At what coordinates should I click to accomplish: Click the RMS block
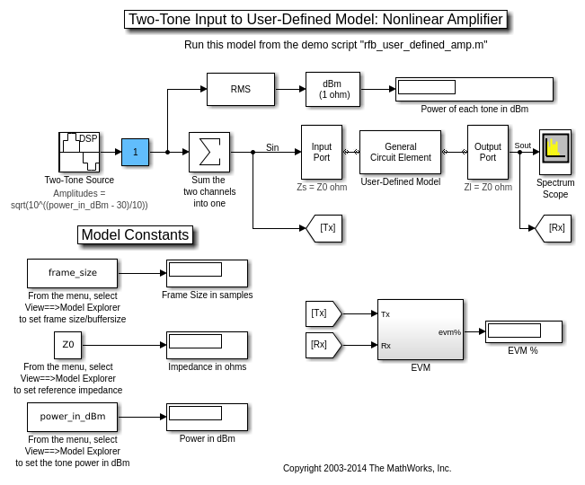tap(240, 89)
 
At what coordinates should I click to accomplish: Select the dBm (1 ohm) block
tap(332, 89)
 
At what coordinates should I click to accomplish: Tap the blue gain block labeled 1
tap(135, 152)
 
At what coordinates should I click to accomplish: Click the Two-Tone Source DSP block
tap(79, 152)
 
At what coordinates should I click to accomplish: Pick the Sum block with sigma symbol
tap(209, 152)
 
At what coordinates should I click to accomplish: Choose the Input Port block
tap(321, 152)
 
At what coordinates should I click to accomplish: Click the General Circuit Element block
tap(400, 152)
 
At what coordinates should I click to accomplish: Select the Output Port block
tap(487, 152)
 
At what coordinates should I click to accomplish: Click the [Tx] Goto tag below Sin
tap(325, 228)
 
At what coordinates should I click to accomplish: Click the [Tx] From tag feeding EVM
tap(322, 313)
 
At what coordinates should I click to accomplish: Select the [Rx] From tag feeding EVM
tap(322, 345)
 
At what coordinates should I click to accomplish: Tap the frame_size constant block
tap(72, 273)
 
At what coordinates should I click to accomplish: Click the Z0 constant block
tap(67, 345)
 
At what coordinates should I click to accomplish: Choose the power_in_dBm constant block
tap(72, 417)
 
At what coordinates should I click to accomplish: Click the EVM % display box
tap(523, 331)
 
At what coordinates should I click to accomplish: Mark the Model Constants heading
tap(136, 235)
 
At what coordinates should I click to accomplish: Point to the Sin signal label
tap(272, 147)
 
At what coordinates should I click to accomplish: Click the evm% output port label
tap(449, 331)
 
